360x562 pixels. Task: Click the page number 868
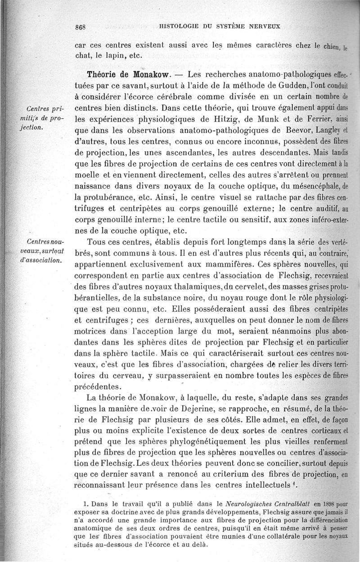coord(81,27)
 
